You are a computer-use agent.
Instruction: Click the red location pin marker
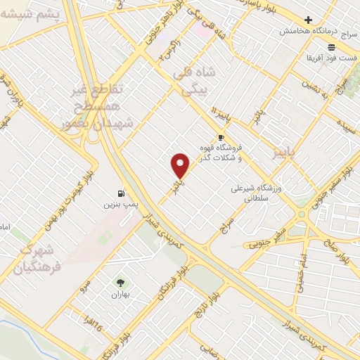181,166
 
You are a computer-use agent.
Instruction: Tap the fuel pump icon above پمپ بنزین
122,192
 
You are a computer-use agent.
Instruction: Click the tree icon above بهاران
120,283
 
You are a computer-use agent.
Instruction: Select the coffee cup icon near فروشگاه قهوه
221,137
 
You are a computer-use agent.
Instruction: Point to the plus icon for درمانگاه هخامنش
308,20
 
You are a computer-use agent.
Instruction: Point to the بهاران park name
121,295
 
